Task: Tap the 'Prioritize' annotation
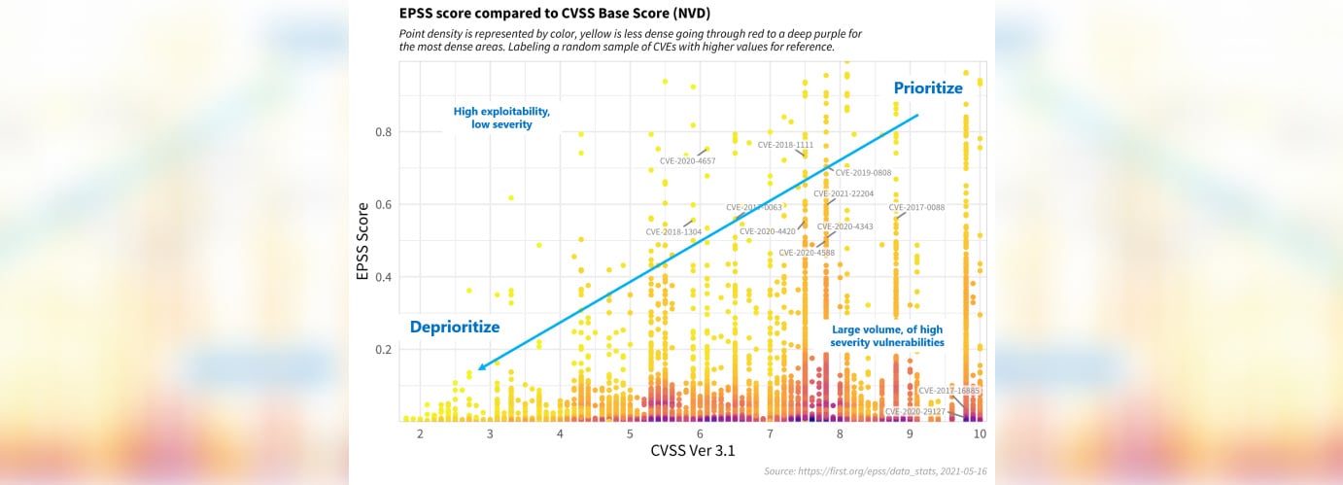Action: pyautogui.click(x=928, y=88)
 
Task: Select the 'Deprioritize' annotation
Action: pyautogui.click(x=454, y=328)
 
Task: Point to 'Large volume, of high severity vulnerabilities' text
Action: pyautogui.click(x=887, y=336)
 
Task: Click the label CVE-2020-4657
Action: pyautogui.click(x=687, y=160)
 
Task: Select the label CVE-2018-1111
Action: pyautogui.click(x=785, y=145)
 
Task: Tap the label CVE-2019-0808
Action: pyautogui.click(x=863, y=173)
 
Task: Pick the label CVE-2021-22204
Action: pyautogui.click(x=844, y=193)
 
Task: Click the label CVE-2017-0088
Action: pyautogui.click(x=916, y=207)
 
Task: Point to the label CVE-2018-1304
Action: pyautogui.click(x=673, y=232)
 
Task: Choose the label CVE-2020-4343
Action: pyautogui.click(x=844, y=226)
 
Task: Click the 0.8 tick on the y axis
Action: pyautogui.click(x=385, y=132)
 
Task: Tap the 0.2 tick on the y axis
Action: pyautogui.click(x=385, y=350)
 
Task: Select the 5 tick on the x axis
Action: pyautogui.click(x=630, y=433)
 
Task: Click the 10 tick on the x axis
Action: pyautogui.click(x=980, y=433)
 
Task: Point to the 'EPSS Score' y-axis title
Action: pyautogui.click(x=362, y=241)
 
